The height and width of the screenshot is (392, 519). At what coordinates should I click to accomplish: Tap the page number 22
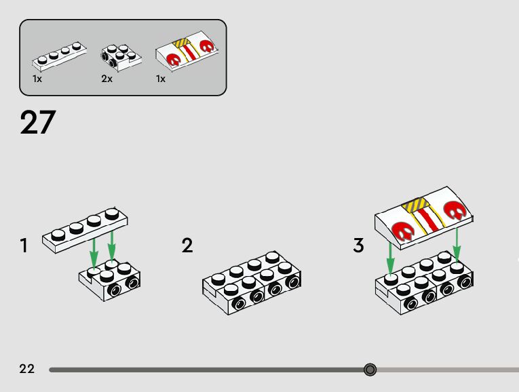tap(27, 369)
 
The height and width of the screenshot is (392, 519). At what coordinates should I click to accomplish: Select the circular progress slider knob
tap(370, 370)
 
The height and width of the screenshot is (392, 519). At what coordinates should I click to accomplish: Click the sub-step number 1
tap(24, 246)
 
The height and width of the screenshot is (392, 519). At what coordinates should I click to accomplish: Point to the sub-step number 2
tap(187, 246)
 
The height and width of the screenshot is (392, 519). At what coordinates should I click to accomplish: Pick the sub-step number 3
tap(359, 246)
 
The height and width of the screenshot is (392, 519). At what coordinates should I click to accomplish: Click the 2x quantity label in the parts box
tap(107, 79)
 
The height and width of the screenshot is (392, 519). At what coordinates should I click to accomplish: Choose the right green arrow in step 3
tap(457, 244)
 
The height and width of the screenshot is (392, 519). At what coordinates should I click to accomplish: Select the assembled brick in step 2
tap(252, 282)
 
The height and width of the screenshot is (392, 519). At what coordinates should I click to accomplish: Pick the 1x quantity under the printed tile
tap(161, 79)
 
